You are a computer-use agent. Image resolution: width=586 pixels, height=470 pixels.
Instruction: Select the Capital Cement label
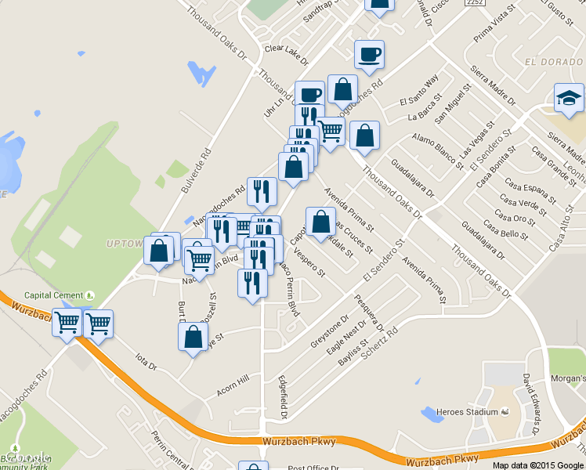tap(53, 295)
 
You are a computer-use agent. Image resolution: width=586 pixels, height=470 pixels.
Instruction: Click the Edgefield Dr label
tap(283, 395)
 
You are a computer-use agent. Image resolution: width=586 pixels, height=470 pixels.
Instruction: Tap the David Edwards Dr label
tap(531, 403)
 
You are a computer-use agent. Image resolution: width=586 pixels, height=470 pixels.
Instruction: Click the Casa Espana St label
tap(525, 194)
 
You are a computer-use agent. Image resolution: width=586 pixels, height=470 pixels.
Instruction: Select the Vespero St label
tap(310, 262)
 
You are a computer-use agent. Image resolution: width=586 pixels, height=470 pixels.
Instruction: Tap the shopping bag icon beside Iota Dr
tap(193, 338)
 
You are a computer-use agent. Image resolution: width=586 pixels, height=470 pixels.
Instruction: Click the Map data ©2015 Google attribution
tap(538, 465)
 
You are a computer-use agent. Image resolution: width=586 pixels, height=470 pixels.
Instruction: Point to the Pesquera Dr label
tap(369, 312)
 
